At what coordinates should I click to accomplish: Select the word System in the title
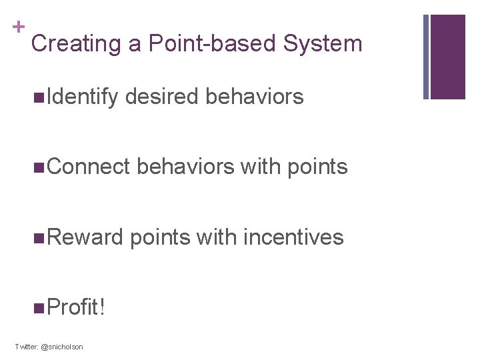tap(323, 44)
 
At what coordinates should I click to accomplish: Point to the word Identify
tap(81, 97)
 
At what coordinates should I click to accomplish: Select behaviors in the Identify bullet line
tap(255, 97)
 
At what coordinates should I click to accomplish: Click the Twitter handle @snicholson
tap(61, 347)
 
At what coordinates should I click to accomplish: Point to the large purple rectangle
tap(448, 57)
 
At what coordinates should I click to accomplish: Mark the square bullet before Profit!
tap(38, 308)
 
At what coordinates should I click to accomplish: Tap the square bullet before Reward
tap(38, 238)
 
